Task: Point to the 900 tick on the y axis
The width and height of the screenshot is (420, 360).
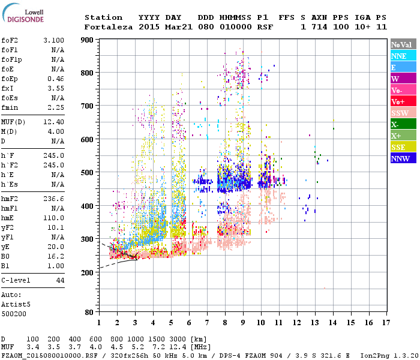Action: click(88, 40)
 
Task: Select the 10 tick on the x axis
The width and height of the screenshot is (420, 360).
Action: click(261, 323)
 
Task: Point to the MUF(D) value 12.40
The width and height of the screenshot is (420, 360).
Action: click(55, 122)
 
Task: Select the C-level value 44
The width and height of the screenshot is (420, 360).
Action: click(60, 280)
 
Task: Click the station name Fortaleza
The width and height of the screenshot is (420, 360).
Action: click(109, 27)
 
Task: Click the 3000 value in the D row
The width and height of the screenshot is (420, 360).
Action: click(176, 340)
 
